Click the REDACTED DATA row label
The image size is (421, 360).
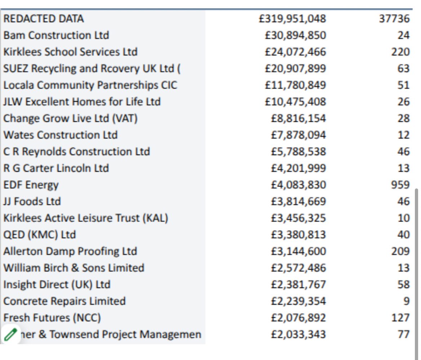[x=44, y=19]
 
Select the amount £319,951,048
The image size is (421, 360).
[x=292, y=19]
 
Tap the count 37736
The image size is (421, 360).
[x=394, y=19]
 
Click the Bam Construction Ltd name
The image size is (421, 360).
[x=56, y=35]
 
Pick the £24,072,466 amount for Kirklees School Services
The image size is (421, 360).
[x=295, y=52]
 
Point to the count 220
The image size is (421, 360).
[x=400, y=52]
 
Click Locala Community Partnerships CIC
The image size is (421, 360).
[x=90, y=85]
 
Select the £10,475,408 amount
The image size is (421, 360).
[x=295, y=102]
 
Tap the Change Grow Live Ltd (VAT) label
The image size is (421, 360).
[x=71, y=118]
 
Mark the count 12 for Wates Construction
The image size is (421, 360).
[x=404, y=135]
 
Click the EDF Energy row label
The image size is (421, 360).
[x=31, y=185]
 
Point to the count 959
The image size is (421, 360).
[x=400, y=185]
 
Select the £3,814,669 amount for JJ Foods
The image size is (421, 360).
[x=298, y=201]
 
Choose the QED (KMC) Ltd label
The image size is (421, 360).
[x=40, y=235]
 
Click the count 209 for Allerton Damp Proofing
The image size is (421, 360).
[x=400, y=251]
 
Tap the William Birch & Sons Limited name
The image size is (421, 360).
[x=74, y=268]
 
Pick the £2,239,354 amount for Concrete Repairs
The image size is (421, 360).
[x=298, y=301]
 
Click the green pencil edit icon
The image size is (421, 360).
[x=11, y=334]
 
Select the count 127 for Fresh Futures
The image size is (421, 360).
[x=400, y=318]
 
